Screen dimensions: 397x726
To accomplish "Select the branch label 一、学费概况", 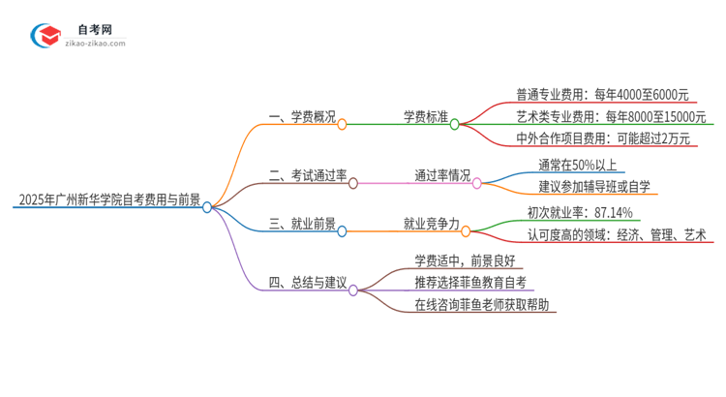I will tap(302, 118).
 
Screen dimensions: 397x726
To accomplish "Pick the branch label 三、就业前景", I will tap(302, 225).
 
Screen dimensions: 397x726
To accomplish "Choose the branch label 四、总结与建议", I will tap(308, 283).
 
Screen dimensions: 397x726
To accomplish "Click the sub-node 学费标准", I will tap(425, 118).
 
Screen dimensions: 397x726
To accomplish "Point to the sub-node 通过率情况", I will tap(442, 176).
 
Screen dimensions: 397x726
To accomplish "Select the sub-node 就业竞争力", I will tap(431, 225).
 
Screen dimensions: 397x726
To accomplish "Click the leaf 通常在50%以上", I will tap(578, 164).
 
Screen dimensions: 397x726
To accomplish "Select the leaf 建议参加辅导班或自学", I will tap(594, 186).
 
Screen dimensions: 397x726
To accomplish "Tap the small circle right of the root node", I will tap(207, 207).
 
